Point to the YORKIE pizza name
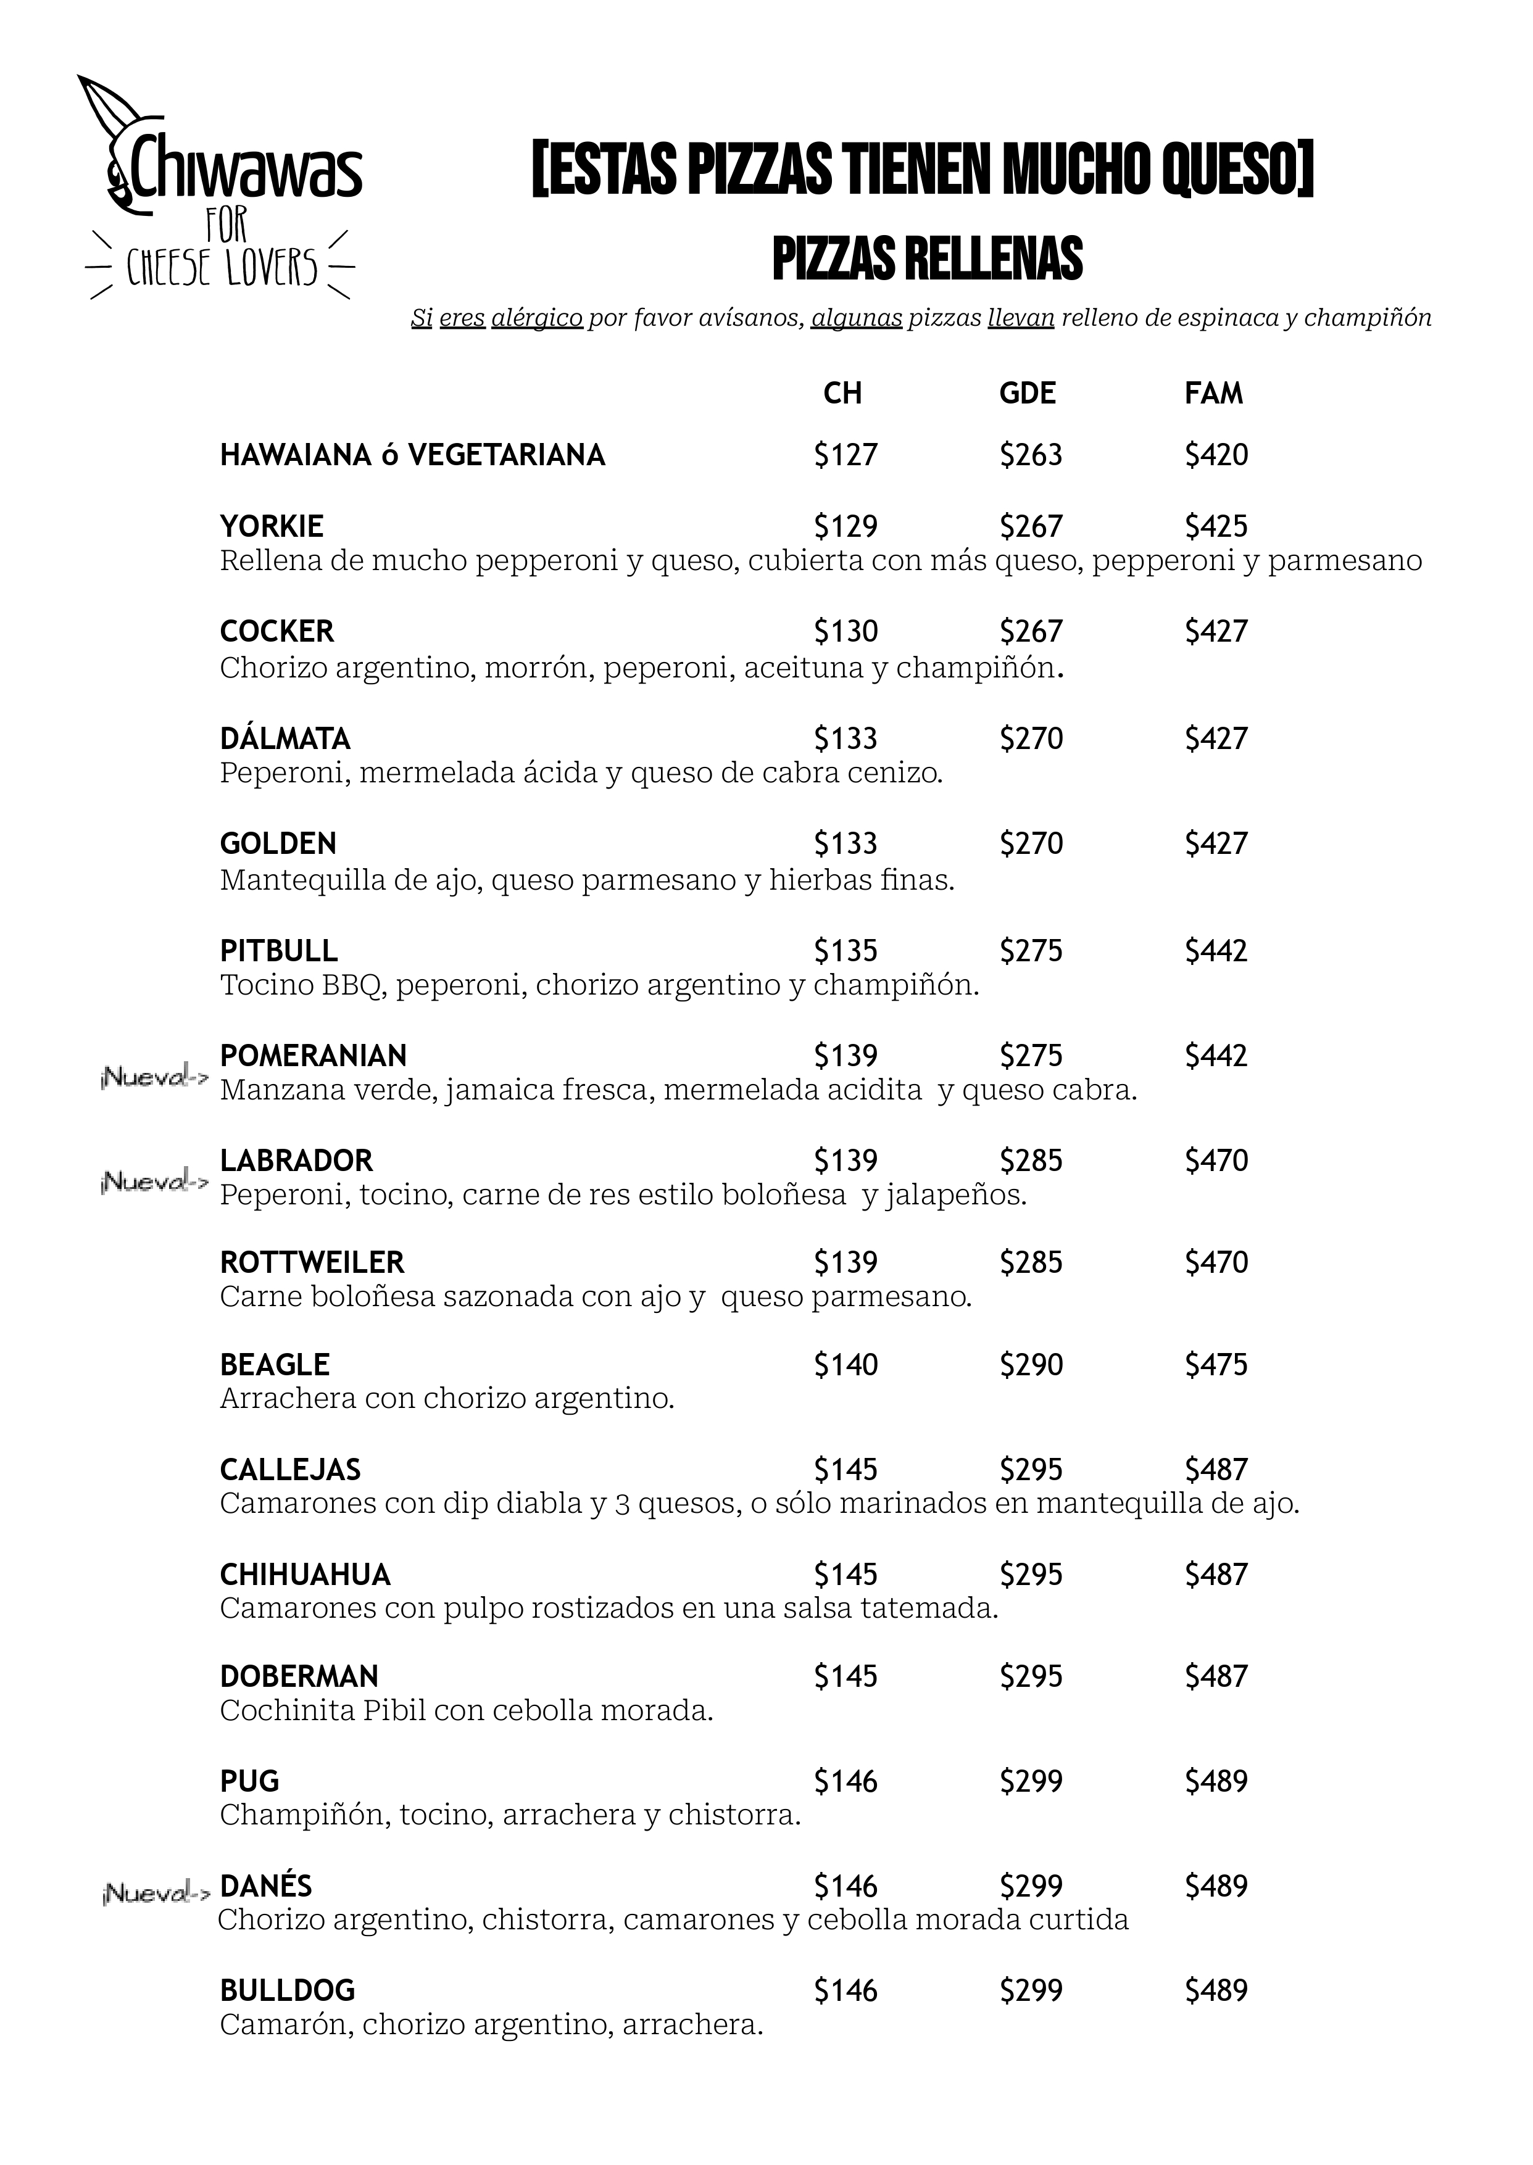click(x=272, y=526)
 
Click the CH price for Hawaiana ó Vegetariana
click(x=845, y=455)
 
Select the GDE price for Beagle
click(x=1031, y=1365)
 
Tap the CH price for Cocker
click(x=845, y=631)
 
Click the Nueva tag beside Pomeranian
click(x=153, y=1078)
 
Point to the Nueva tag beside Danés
click(x=155, y=1892)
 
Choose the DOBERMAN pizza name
click(x=299, y=1676)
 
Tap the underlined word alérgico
click(x=536, y=318)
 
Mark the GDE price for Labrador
click(x=1031, y=1160)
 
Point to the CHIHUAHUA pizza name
click(x=305, y=1574)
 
